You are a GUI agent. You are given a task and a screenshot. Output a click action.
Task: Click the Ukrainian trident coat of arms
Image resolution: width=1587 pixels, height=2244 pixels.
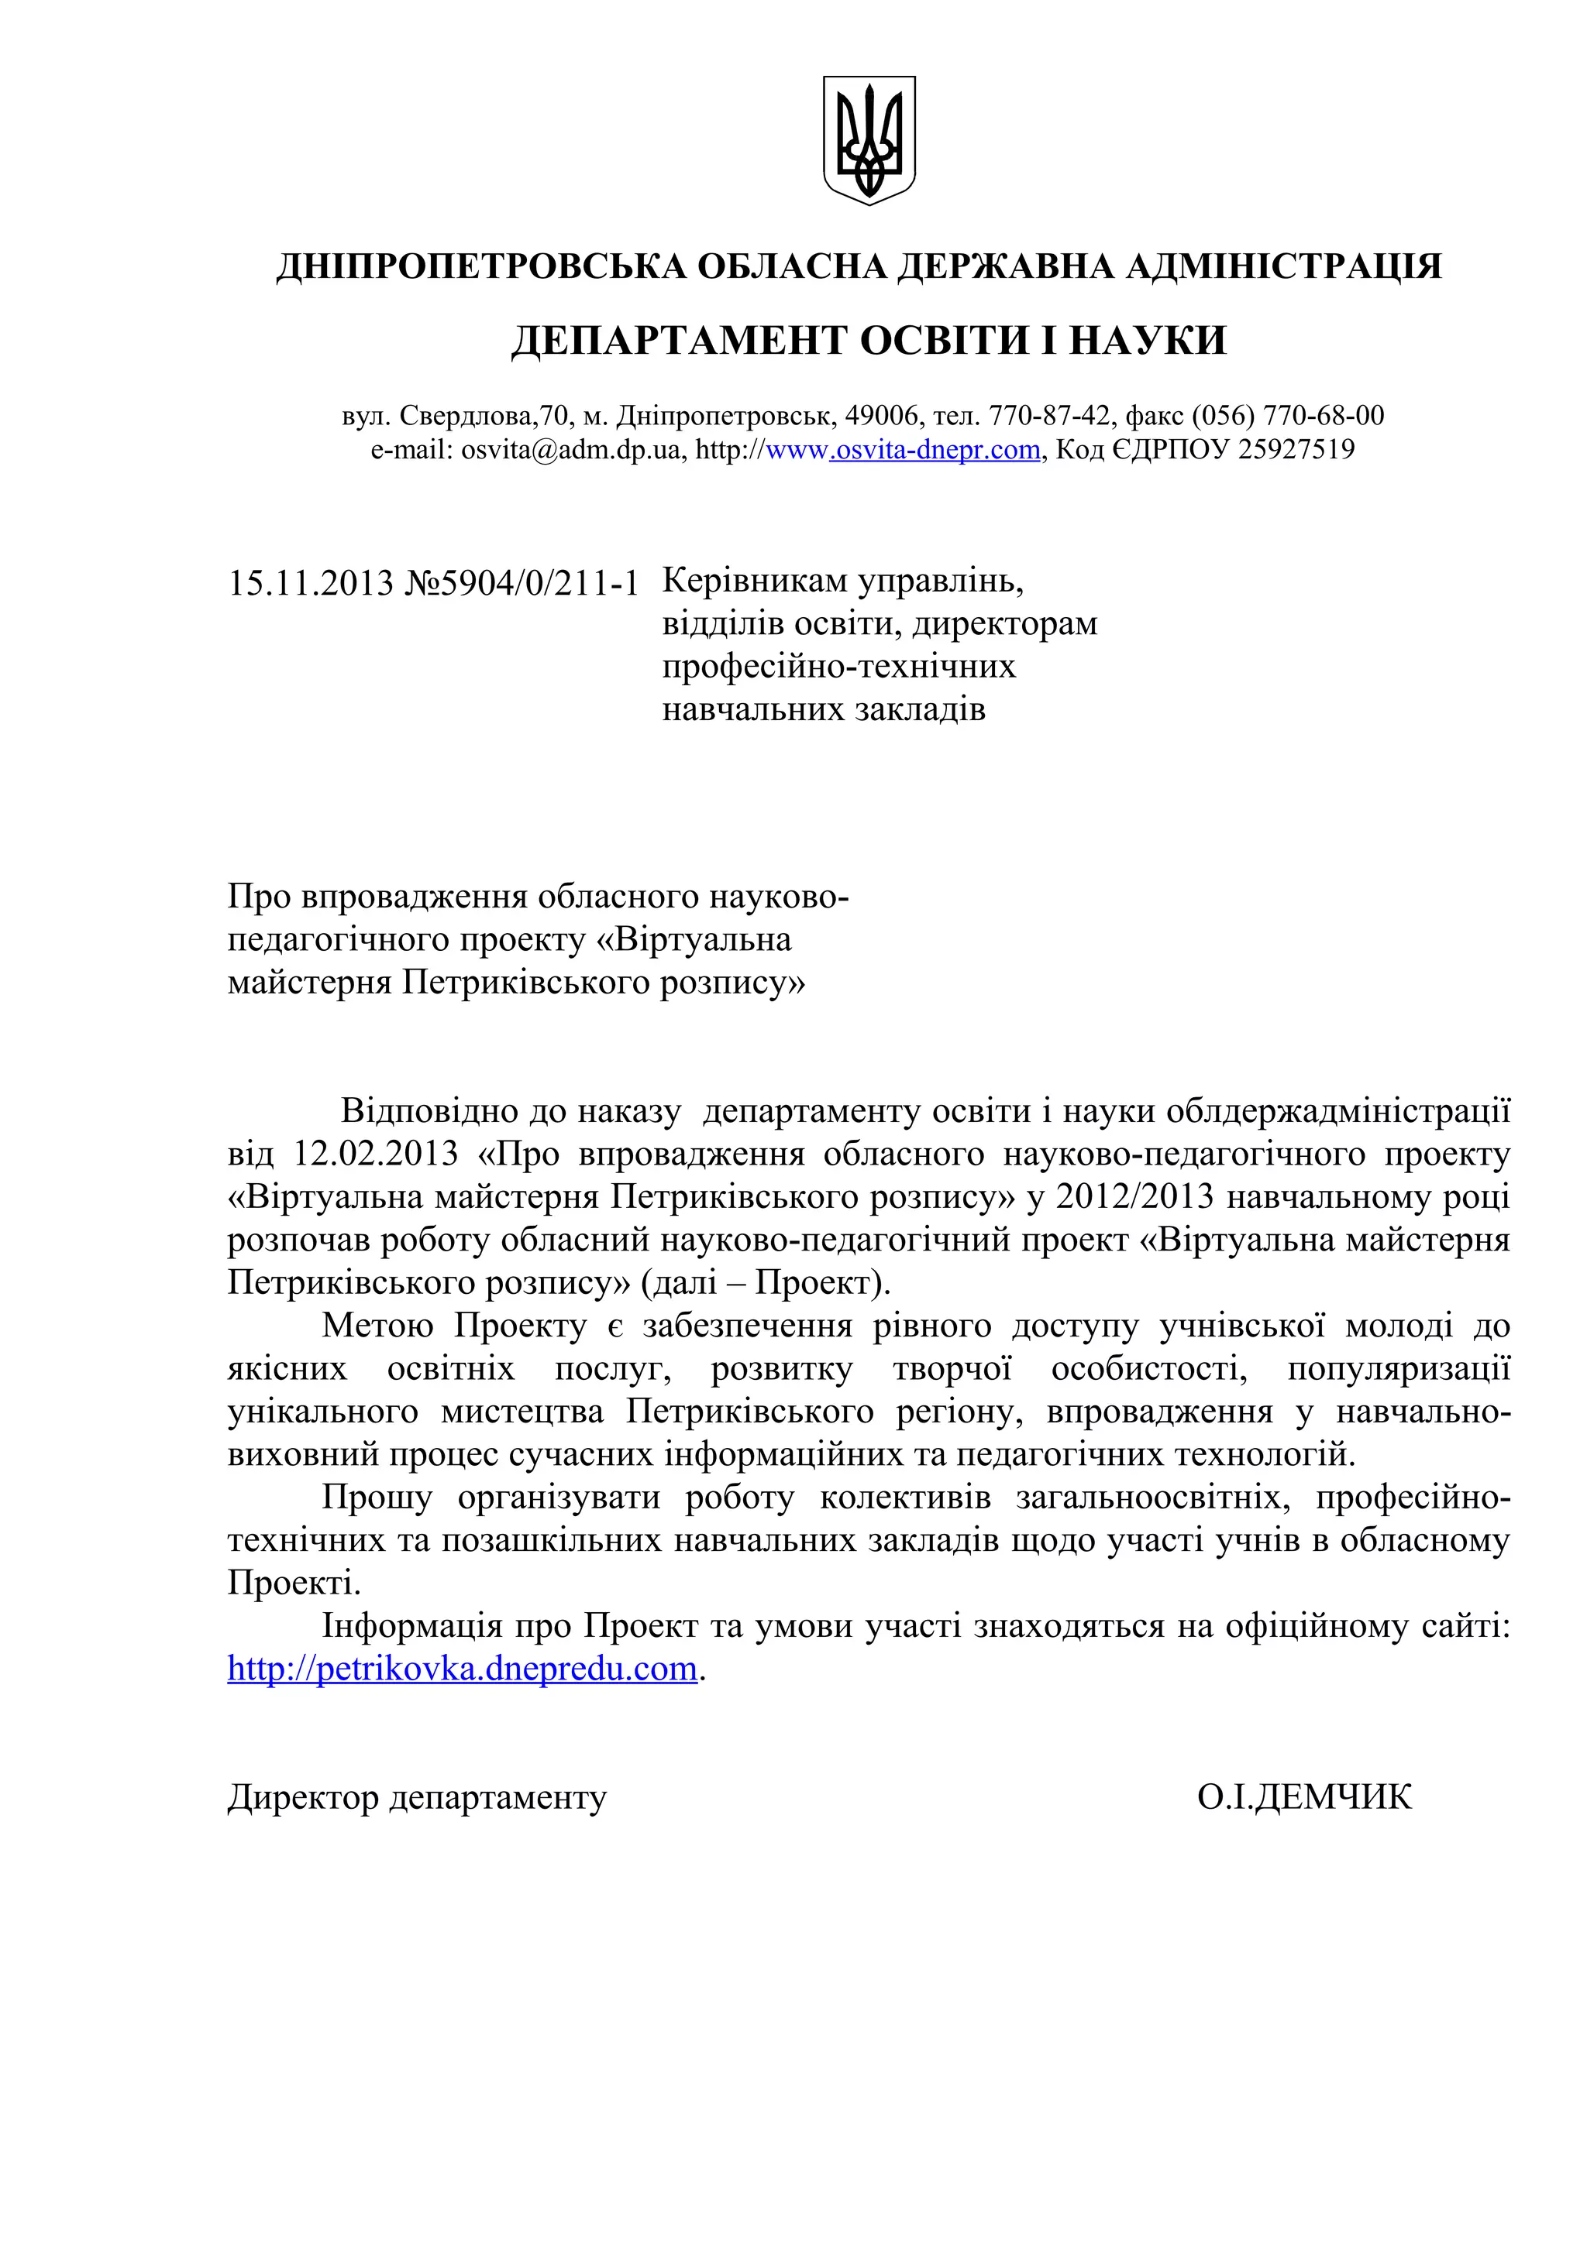pos(869,139)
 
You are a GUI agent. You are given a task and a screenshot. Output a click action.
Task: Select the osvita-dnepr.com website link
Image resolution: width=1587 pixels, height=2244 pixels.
pos(935,450)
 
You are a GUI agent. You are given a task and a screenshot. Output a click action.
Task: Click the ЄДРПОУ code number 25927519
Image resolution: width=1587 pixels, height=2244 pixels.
pos(1296,450)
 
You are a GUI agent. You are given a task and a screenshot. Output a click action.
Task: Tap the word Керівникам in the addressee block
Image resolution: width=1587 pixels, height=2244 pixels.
pos(755,581)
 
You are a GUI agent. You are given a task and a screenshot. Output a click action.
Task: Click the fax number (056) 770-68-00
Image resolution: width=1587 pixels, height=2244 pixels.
pos(1287,417)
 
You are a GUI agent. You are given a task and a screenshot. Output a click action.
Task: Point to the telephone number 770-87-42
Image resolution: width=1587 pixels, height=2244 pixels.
pos(1049,417)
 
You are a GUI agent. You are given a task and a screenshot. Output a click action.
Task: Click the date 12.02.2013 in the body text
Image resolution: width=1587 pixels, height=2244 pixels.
pos(376,1155)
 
